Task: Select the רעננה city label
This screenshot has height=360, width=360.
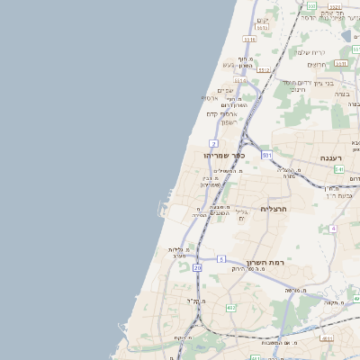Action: point(333,157)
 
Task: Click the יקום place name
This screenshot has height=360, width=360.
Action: point(264,20)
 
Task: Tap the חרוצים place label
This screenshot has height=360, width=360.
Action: point(317,64)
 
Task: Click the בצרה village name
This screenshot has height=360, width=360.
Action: point(342,94)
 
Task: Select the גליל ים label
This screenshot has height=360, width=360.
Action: point(241,215)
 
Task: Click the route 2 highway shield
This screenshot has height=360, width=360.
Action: point(213,143)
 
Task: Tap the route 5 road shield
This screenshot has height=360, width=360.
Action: point(221,259)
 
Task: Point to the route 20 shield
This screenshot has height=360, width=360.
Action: point(197,268)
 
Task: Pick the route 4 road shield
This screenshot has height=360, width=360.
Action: point(332,229)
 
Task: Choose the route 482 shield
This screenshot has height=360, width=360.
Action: point(231,309)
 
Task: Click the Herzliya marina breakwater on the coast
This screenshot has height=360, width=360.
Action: point(163,212)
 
